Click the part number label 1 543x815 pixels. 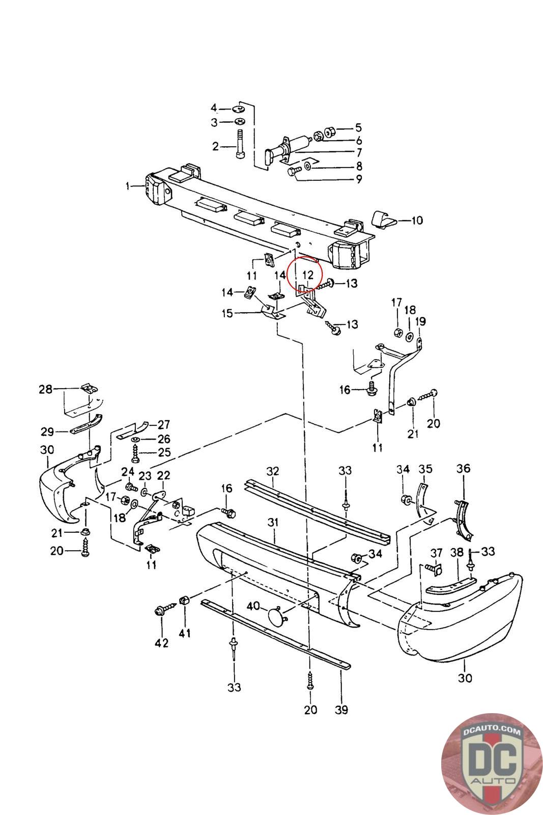pyautogui.click(x=128, y=186)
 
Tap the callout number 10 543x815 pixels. pyautogui.click(x=417, y=221)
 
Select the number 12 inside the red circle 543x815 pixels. pyautogui.click(x=307, y=275)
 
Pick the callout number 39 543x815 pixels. pyautogui.click(x=342, y=709)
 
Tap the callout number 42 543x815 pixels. pyautogui.click(x=161, y=643)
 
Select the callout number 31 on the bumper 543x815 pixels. pyautogui.click(x=274, y=522)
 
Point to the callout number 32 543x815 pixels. pyautogui.click(x=273, y=471)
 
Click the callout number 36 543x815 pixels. pyautogui.click(x=463, y=468)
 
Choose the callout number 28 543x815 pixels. pyautogui.click(x=46, y=389)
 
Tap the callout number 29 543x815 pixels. pyautogui.click(x=47, y=432)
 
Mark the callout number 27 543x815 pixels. pyautogui.click(x=163, y=424)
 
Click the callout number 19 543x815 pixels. pyautogui.click(x=420, y=322)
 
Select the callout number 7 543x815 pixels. pyautogui.click(x=359, y=152)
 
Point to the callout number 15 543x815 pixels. pyautogui.click(x=227, y=313)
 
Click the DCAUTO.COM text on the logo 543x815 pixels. pyautogui.click(x=492, y=731)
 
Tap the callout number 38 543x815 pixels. pyautogui.click(x=456, y=552)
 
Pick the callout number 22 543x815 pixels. pyautogui.click(x=163, y=475)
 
